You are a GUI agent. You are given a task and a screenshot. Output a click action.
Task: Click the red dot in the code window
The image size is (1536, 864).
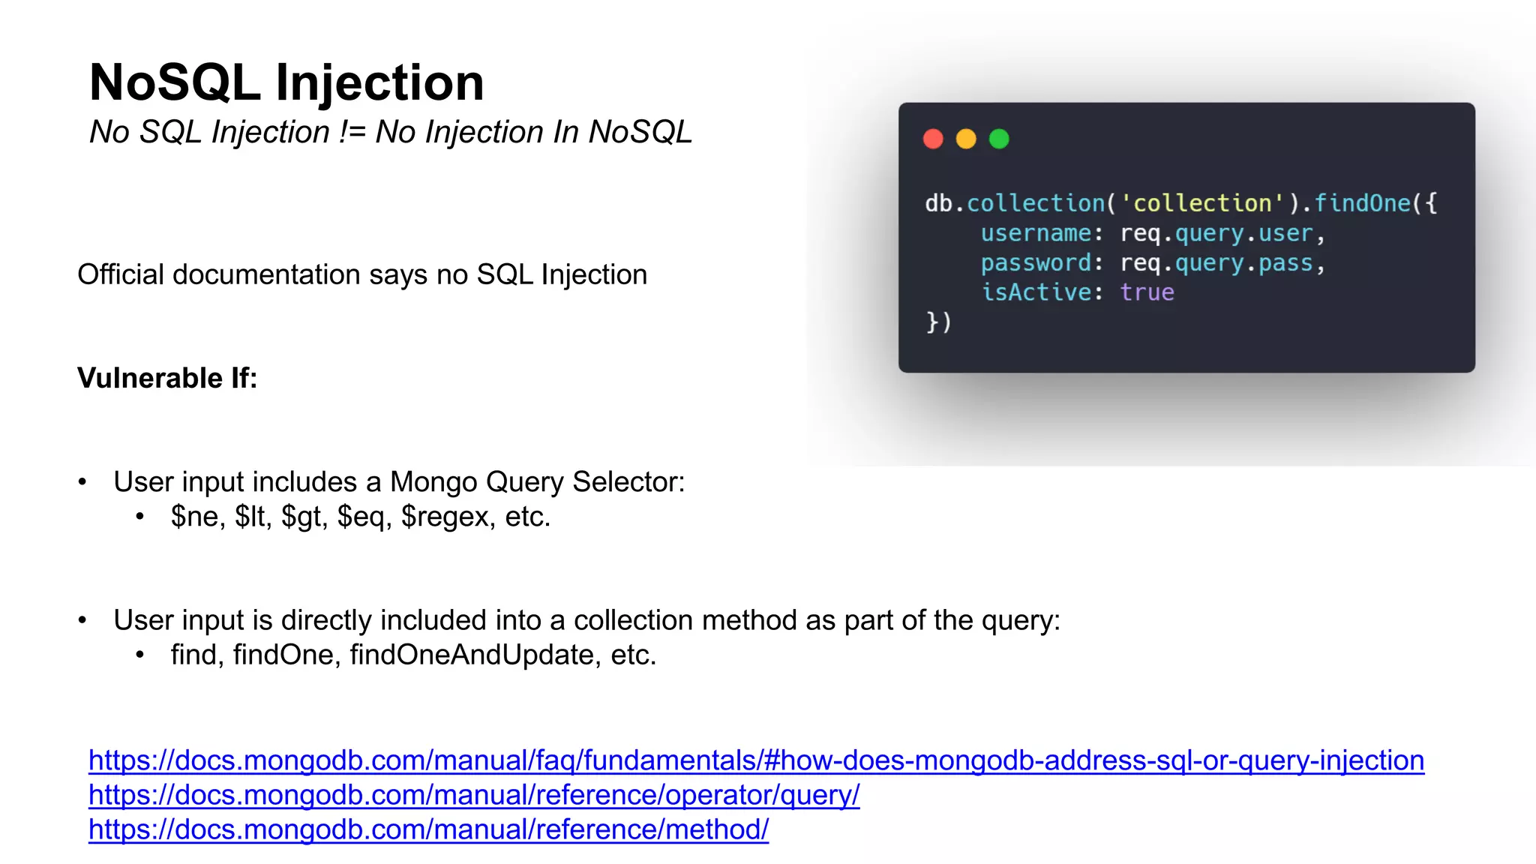click(933, 139)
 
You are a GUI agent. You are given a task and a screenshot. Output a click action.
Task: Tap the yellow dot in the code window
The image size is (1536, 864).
click(966, 139)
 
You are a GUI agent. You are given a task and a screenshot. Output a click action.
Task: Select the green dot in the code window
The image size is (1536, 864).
click(999, 139)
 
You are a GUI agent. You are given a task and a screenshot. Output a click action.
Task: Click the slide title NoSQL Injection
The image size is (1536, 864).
click(286, 82)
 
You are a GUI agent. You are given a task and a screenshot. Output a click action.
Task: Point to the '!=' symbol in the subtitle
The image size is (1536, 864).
click(352, 132)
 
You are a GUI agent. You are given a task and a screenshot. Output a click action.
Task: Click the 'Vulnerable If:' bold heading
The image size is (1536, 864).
click(167, 378)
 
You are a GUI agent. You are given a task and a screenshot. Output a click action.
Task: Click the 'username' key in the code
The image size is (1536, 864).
click(1036, 233)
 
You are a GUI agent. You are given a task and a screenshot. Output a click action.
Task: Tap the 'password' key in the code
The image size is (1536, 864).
click(1036, 263)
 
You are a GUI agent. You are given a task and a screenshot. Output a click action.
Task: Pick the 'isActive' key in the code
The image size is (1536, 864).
click(1036, 292)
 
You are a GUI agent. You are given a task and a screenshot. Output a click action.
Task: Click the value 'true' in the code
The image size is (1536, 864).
click(1147, 292)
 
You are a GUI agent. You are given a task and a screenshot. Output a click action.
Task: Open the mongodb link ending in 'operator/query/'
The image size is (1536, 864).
click(474, 795)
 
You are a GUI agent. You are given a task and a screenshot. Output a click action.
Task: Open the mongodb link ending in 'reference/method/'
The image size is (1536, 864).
click(428, 829)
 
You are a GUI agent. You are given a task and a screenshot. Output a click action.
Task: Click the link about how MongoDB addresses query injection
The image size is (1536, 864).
click(756, 760)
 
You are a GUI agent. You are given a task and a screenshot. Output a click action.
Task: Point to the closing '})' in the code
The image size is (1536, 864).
click(938, 322)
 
